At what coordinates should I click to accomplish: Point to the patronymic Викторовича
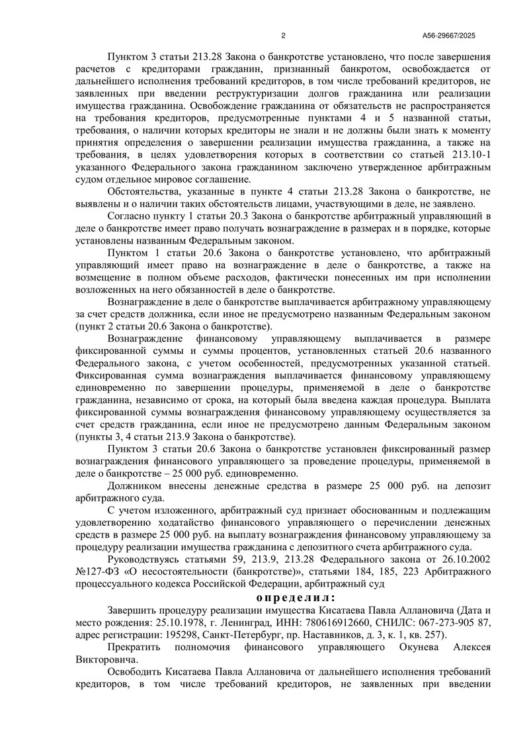pyautogui.click(x=106, y=659)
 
